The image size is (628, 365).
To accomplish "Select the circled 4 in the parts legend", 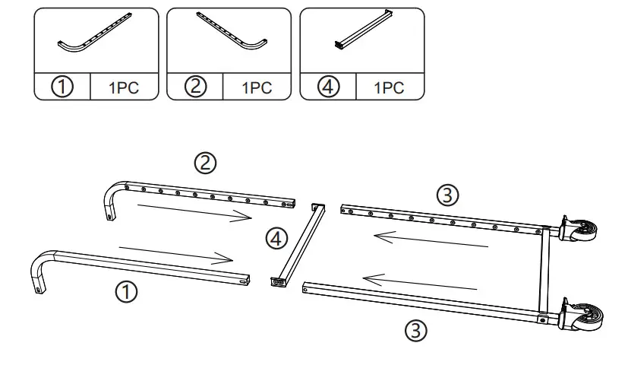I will pos(329,87).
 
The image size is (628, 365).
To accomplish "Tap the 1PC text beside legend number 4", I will pos(389,87).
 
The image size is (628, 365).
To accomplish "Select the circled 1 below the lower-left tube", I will pos(126,290).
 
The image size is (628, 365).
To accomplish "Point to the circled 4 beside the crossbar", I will pos(277,240).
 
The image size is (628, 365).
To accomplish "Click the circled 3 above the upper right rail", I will pos(448,195).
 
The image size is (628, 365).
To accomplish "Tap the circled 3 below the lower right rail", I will pos(415,330).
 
